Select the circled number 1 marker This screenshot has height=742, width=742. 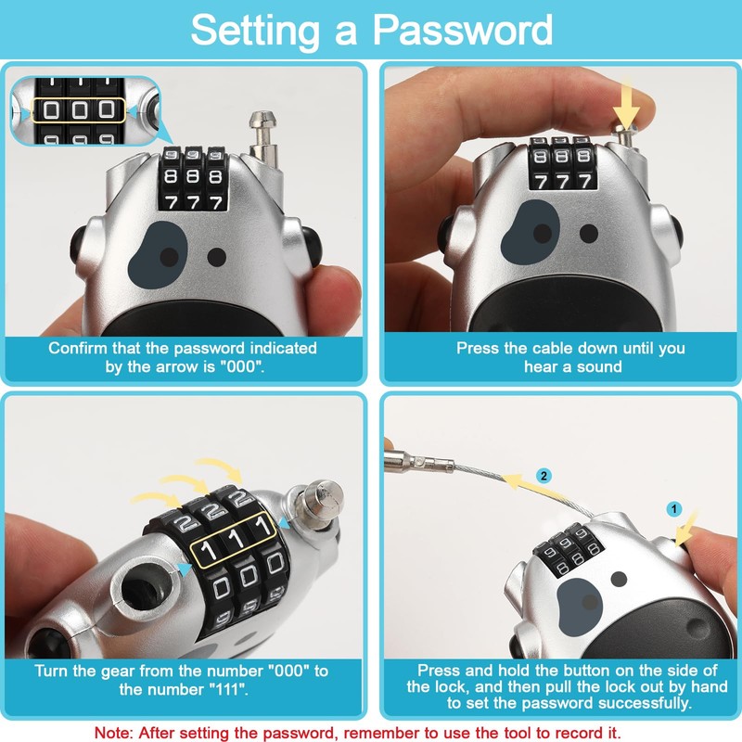[x=674, y=509]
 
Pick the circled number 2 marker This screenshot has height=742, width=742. [x=544, y=475]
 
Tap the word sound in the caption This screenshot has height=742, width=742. [x=595, y=366]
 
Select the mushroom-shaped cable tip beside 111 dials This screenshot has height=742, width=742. [x=320, y=497]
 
